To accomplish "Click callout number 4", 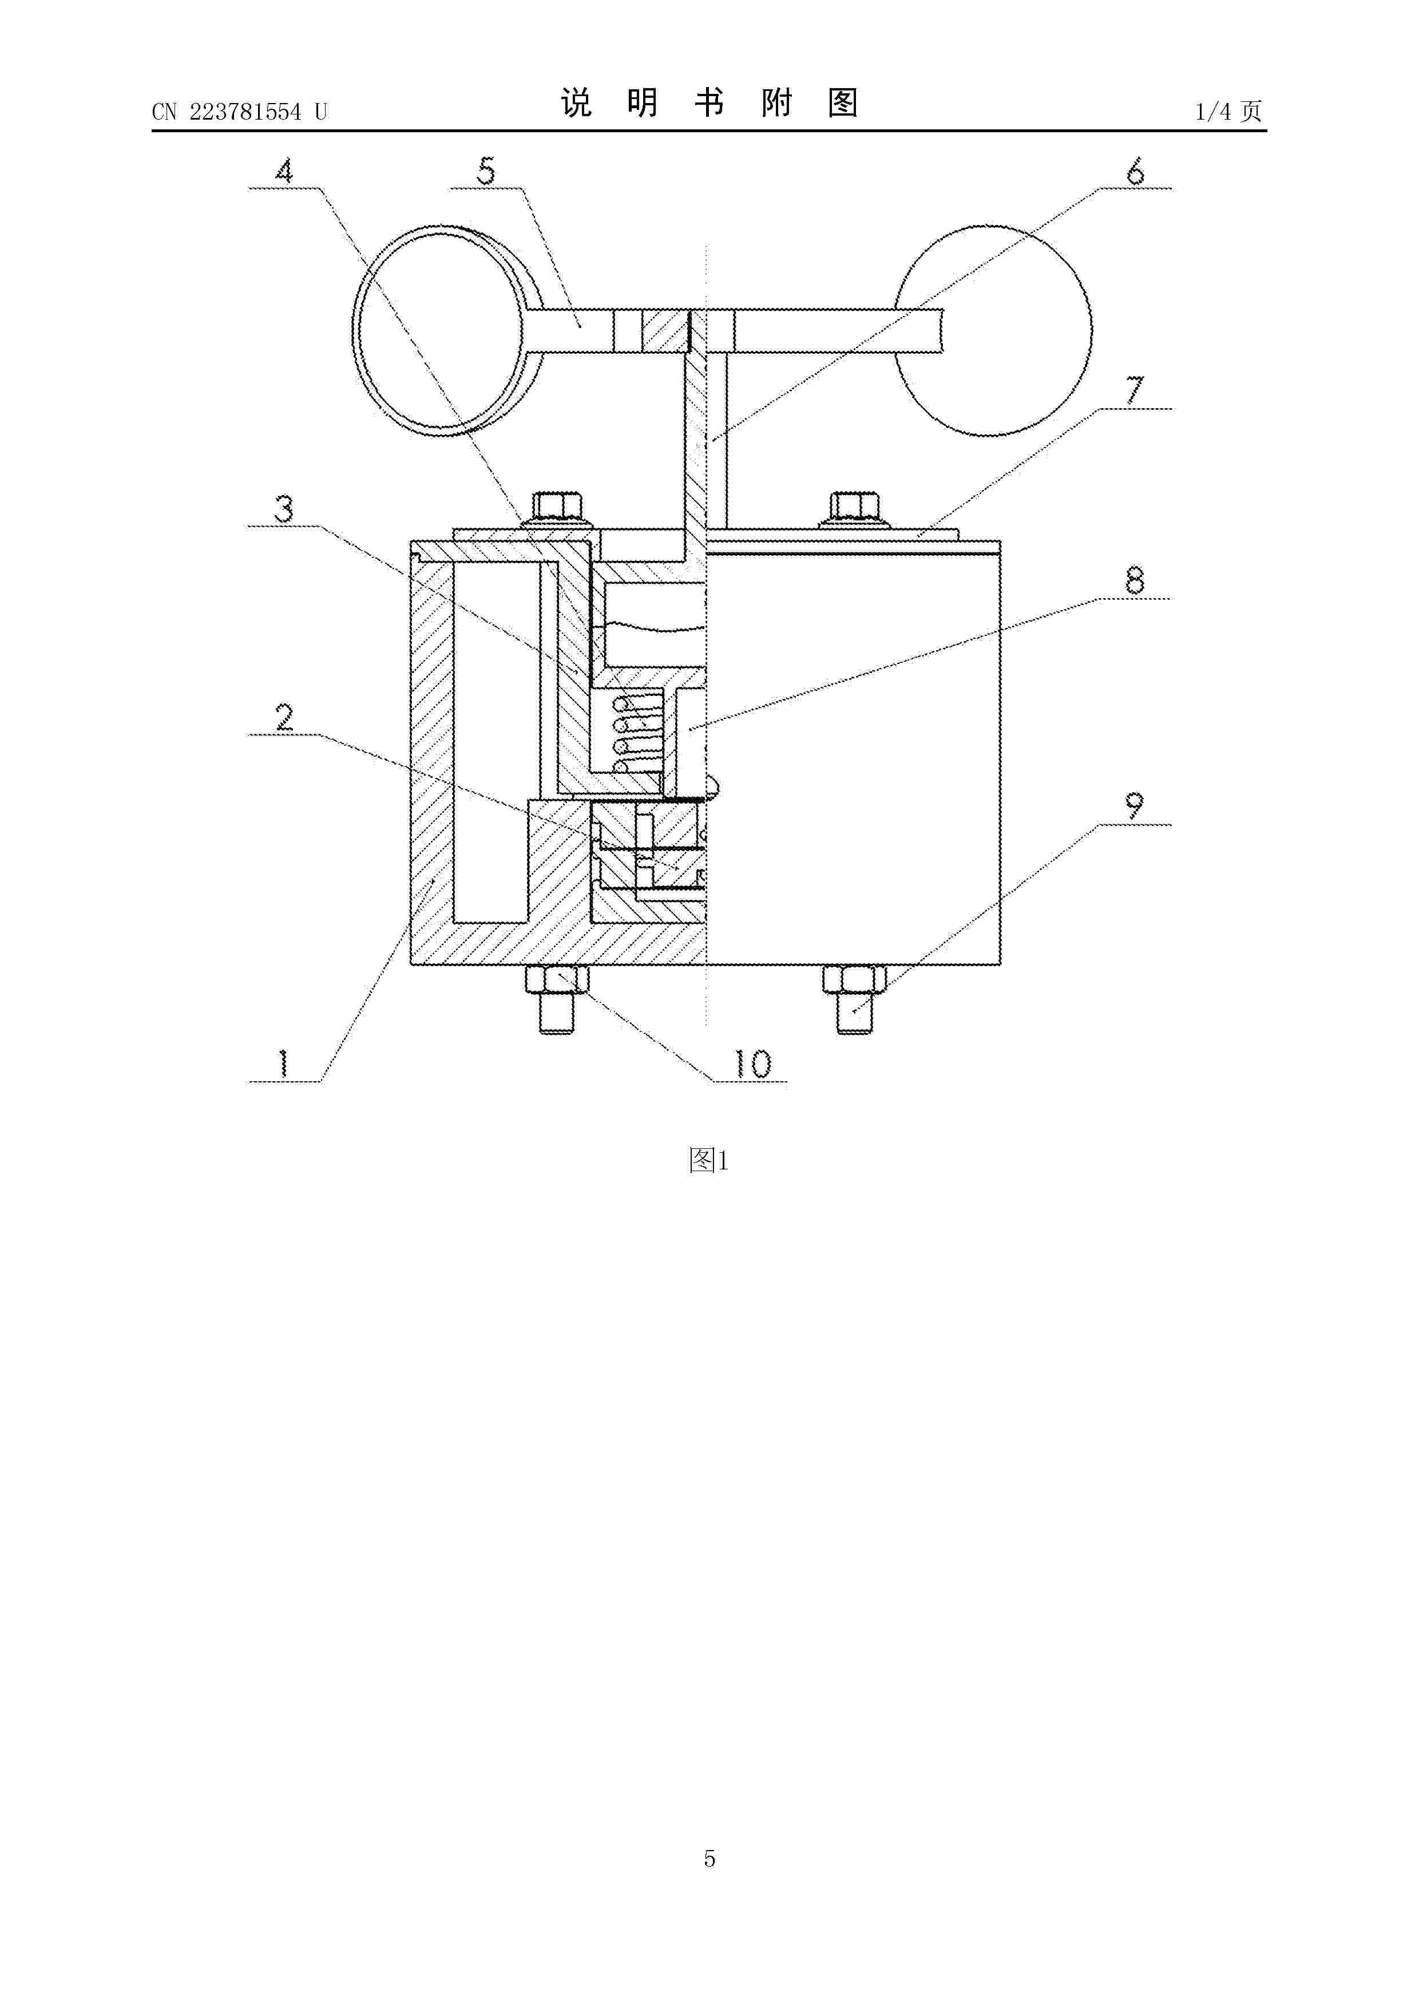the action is click(x=284, y=171).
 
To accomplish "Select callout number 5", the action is click(x=487, y=171).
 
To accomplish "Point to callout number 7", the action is click(x=1135, y=390).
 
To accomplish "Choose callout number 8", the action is click(x=1135, y=580).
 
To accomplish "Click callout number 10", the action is click(x=752, y=1064).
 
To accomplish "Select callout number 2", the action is click(x=284, y=718).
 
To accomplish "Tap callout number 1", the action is click(x=283, y=1064).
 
